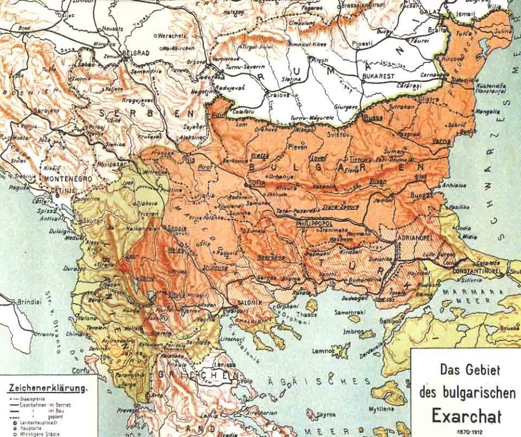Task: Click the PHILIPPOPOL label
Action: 317,223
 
